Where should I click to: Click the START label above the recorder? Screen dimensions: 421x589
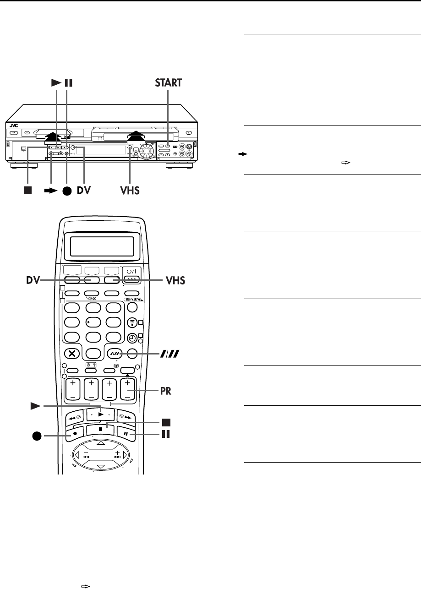168,83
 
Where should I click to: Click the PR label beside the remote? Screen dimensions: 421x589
170,380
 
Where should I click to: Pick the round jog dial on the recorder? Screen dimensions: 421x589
148,152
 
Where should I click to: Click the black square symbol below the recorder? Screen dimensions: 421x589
27,177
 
